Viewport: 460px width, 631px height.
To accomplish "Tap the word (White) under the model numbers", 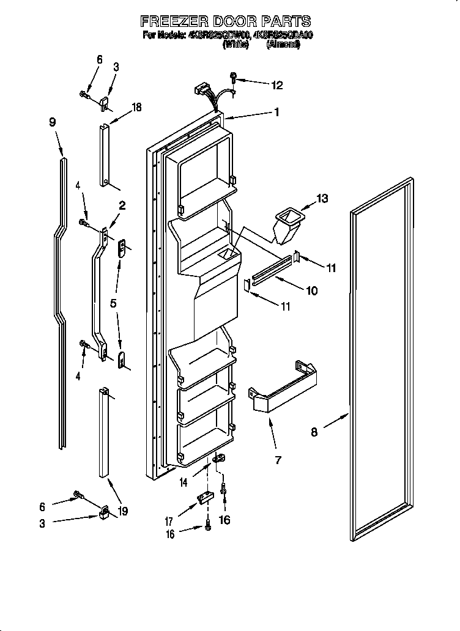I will (236, 44).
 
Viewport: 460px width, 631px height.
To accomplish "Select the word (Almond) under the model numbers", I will (283, 44).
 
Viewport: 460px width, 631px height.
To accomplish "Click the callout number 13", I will (321, 198).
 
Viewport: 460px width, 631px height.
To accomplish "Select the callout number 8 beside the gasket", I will (314, 432).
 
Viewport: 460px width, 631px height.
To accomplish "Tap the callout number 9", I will (52, 122).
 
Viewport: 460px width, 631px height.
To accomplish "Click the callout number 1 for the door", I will (276, 112).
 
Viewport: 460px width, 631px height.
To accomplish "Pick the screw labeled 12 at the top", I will (234, 78).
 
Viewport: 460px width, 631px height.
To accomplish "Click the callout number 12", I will (277, 86).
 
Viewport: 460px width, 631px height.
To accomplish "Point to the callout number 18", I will (136, 107).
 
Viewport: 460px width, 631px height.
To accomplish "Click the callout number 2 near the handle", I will (122, 206).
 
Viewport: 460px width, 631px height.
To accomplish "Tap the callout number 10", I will (311, 291).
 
